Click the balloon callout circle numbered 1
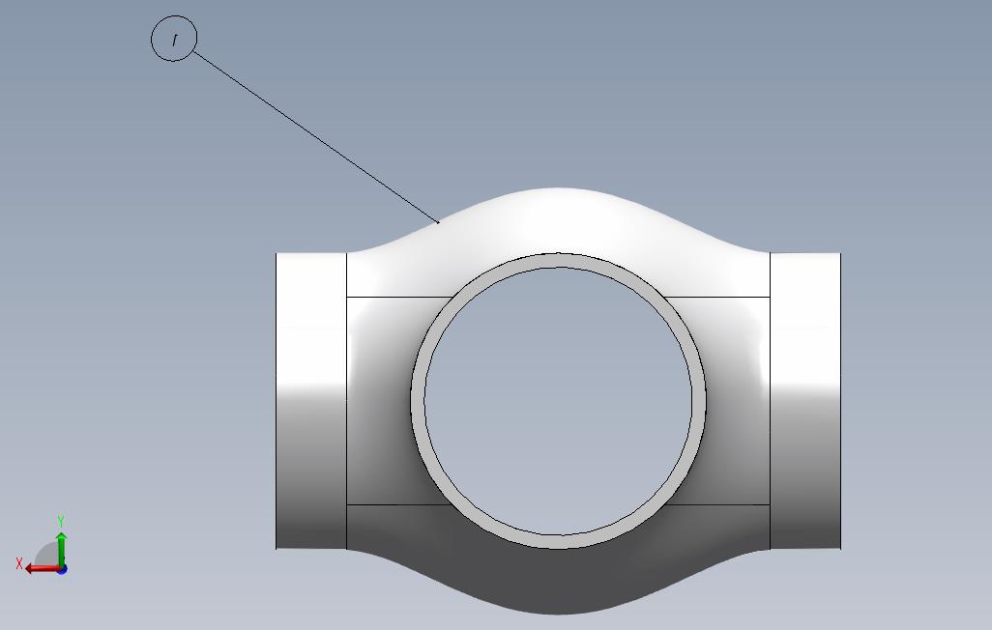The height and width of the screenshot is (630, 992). coord(174,40)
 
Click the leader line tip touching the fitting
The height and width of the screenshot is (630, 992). coord(439,222)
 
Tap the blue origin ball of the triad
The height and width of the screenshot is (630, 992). coord(61,568)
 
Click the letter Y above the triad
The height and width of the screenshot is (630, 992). coord(61,522)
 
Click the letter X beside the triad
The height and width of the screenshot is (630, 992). coord(18,563)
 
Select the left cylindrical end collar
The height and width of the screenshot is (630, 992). coord(311,401)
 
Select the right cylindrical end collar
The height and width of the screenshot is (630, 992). coord(804,401)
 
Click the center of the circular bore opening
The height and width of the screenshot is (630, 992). coord(558,401)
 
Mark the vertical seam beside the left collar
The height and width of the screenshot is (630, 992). coord(346,401)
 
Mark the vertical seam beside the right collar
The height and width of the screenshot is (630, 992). coord(770,401)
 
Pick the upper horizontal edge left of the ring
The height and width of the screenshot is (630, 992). coord(396,298)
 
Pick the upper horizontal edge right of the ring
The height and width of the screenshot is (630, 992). coord(720,298)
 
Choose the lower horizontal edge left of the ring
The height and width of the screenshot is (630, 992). coord(387,504)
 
